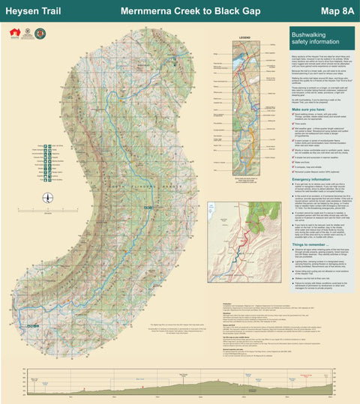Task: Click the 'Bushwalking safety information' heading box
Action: coord(321,39)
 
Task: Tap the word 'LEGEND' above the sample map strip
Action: coord(244,36)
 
